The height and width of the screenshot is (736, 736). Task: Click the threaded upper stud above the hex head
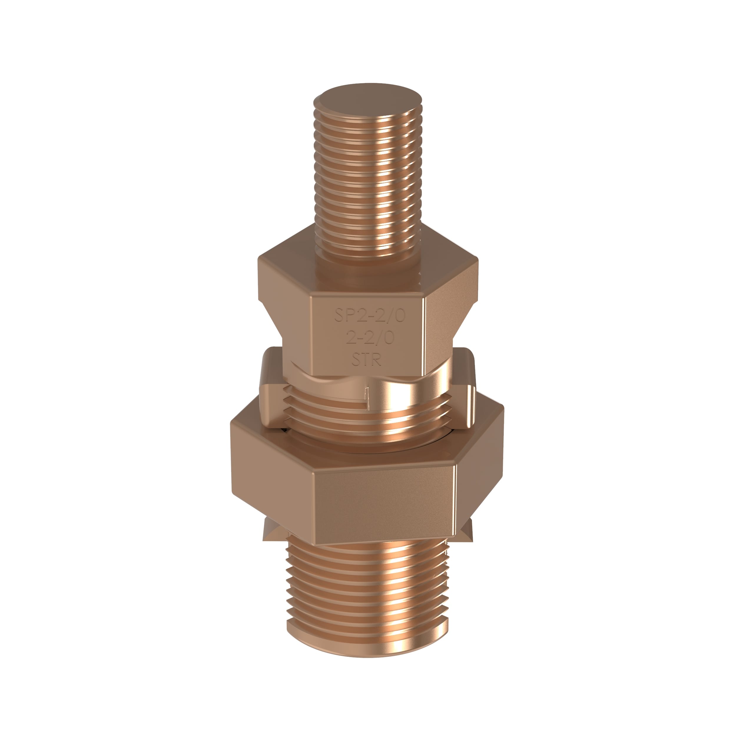(x=368, y=183)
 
